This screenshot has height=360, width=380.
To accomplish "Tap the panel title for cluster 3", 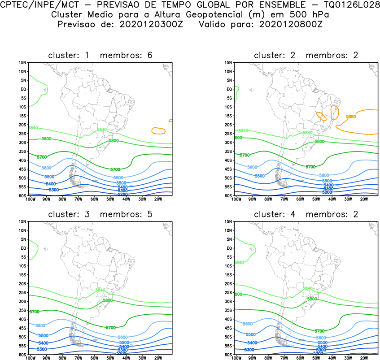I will (100, 214).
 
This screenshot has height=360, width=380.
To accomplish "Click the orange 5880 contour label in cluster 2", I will (351, 117).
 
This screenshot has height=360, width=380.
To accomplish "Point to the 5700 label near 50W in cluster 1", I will (115, 169).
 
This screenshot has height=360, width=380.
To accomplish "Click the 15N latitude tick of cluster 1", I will (23, 63).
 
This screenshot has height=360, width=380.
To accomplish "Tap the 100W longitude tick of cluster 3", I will (31, 358).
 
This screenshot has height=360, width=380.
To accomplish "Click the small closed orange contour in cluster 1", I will (158, 131).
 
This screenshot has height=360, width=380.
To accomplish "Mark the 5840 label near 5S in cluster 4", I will (239, 262).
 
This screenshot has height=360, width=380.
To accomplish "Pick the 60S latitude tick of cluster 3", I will (23, 355).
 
